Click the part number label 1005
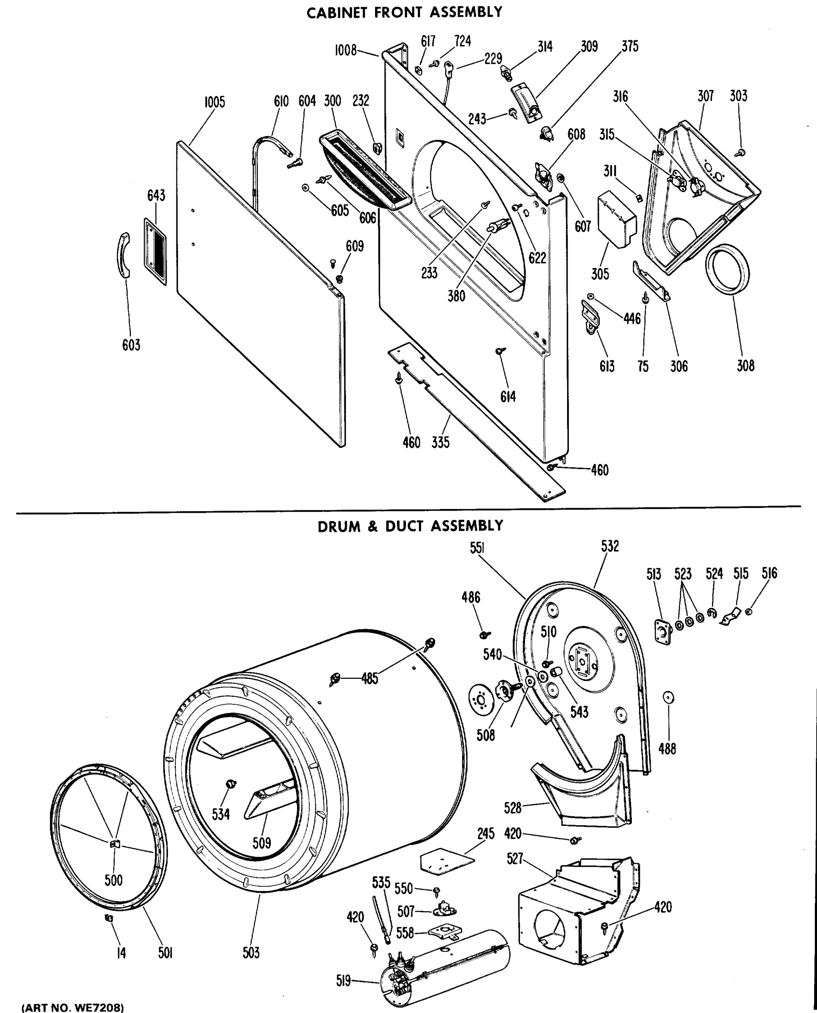215,102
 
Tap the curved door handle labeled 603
123,256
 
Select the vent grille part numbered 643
155,252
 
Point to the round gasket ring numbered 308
728,269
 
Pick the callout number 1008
346,50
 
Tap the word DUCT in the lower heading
406,526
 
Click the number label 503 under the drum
252,953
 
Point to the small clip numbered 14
109,918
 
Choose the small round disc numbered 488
668,697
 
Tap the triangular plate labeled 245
446,861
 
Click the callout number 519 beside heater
344,980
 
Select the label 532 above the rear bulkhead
609,546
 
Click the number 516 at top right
769,573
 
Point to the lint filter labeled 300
365,172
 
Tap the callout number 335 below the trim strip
441,442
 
